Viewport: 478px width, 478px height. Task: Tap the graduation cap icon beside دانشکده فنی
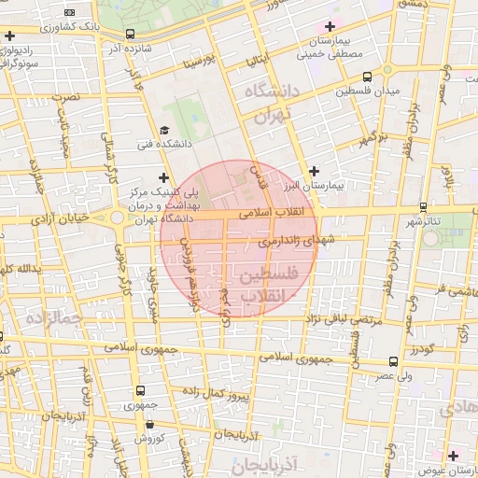164,131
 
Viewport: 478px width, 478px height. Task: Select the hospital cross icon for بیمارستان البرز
314,171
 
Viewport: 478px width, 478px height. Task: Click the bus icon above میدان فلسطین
367,77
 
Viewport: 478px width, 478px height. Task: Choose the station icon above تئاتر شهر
424,206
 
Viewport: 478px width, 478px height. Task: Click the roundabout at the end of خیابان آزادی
119,218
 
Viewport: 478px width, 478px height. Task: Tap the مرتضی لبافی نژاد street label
340,320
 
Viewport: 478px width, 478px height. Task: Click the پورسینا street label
200,63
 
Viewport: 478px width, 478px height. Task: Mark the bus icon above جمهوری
140,390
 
